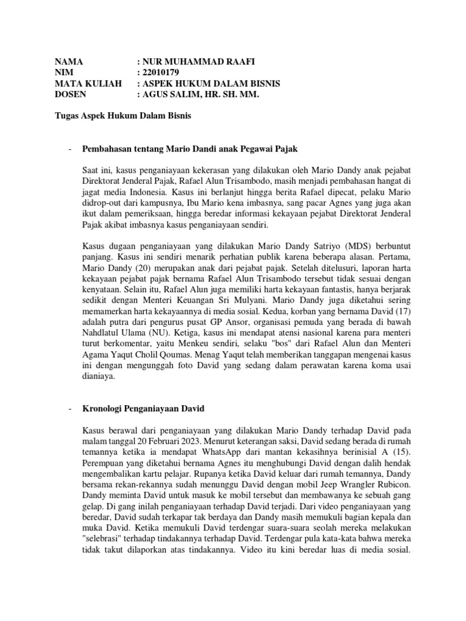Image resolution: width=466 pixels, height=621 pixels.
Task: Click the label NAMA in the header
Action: coord(69,62)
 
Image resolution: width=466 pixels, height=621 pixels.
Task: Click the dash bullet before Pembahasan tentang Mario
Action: coord(70,149)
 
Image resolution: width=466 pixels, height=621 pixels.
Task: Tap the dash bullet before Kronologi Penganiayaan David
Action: coord(70,410)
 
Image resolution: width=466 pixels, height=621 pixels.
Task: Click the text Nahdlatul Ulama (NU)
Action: coord(118,332)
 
